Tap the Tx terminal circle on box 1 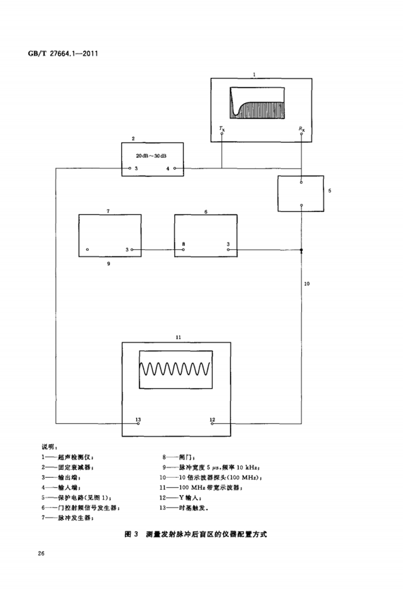click(222, 134)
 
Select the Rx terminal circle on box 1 click(301, 134)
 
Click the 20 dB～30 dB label click(152, 156)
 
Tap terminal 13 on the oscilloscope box click(138, 424)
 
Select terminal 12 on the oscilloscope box click(212, 424)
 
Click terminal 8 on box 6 click(183, 249)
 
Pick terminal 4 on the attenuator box click(174, 168)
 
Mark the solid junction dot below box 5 click(301, 250)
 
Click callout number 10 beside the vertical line click(307, 284)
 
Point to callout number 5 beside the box click(330, 191)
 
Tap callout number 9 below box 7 click(109, 263)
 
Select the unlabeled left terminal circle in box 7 click(87, 250)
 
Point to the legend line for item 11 click(201, 487)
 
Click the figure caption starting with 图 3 click(195, 534)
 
